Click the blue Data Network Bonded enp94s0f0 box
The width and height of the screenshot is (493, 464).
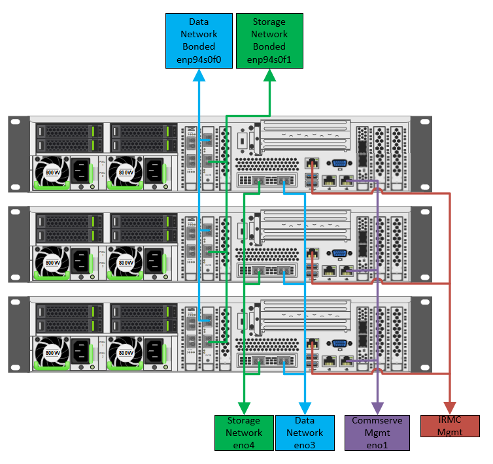198,40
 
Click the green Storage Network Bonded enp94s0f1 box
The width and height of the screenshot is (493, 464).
269,40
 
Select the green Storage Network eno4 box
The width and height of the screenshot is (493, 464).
243,432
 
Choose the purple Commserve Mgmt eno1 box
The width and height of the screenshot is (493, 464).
377,432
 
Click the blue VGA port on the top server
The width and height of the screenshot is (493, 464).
339,164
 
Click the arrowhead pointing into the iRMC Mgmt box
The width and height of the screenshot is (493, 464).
450,407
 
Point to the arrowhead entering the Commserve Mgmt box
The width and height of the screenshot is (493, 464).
377,407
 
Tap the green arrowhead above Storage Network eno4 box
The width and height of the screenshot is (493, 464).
243,407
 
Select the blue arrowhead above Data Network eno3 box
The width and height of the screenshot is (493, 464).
304,407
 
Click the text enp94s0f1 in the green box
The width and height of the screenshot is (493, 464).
269,59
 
